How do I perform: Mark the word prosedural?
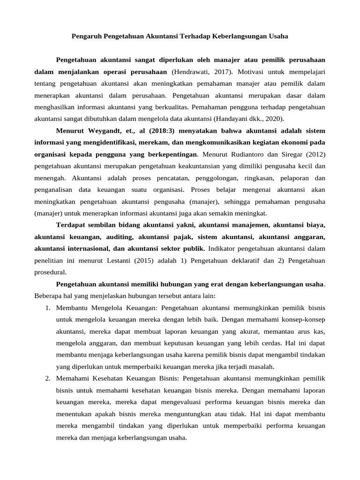50,271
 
